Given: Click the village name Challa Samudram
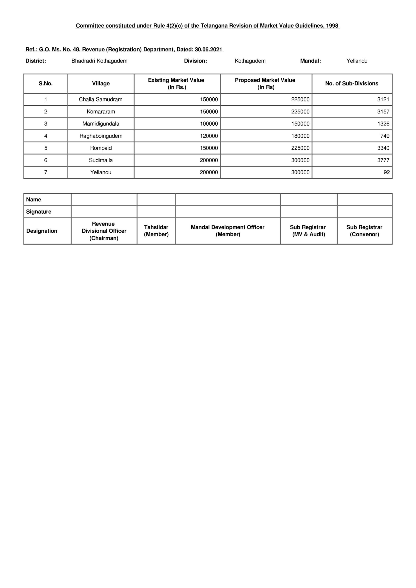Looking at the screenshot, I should click(100, 99).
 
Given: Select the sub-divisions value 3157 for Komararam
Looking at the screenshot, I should click(383, 112).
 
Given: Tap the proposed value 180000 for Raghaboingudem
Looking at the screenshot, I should click(300, 136).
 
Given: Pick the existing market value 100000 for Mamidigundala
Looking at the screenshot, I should click(209, 124).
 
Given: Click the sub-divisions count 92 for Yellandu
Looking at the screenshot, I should click(387, 172).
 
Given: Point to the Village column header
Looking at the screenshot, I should click(101, 83).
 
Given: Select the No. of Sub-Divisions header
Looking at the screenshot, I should click(352, 83).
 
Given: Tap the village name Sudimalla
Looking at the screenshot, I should click(101, 160).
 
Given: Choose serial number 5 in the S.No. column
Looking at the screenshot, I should click(46, 148).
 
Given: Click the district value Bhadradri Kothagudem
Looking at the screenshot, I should click(99, 61).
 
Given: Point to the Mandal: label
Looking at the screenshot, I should click(310, 61).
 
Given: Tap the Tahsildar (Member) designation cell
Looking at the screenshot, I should click(156, 231).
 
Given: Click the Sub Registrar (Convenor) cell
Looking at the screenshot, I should click(364, 231).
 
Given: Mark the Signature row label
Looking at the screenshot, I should click(39, 212).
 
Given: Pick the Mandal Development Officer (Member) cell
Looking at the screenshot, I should click(228, 231).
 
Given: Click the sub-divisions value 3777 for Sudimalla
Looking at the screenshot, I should click(383, 160).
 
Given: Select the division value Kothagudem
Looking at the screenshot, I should click(250, 61).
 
